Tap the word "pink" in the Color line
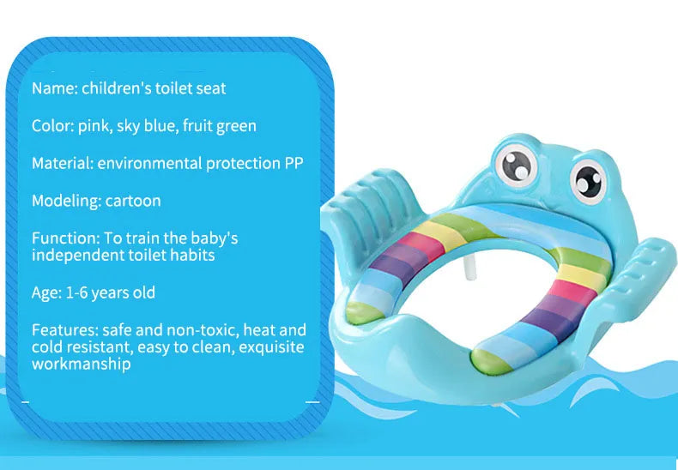pos(94,126)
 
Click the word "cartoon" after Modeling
pos(133,201)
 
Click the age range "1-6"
pos(78,292)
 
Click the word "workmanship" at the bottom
pos(82,364)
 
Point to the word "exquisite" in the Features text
pos(273,347)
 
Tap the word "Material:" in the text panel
pos(63,163)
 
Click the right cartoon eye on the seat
pos(588,179)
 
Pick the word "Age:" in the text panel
pos(47,292)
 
